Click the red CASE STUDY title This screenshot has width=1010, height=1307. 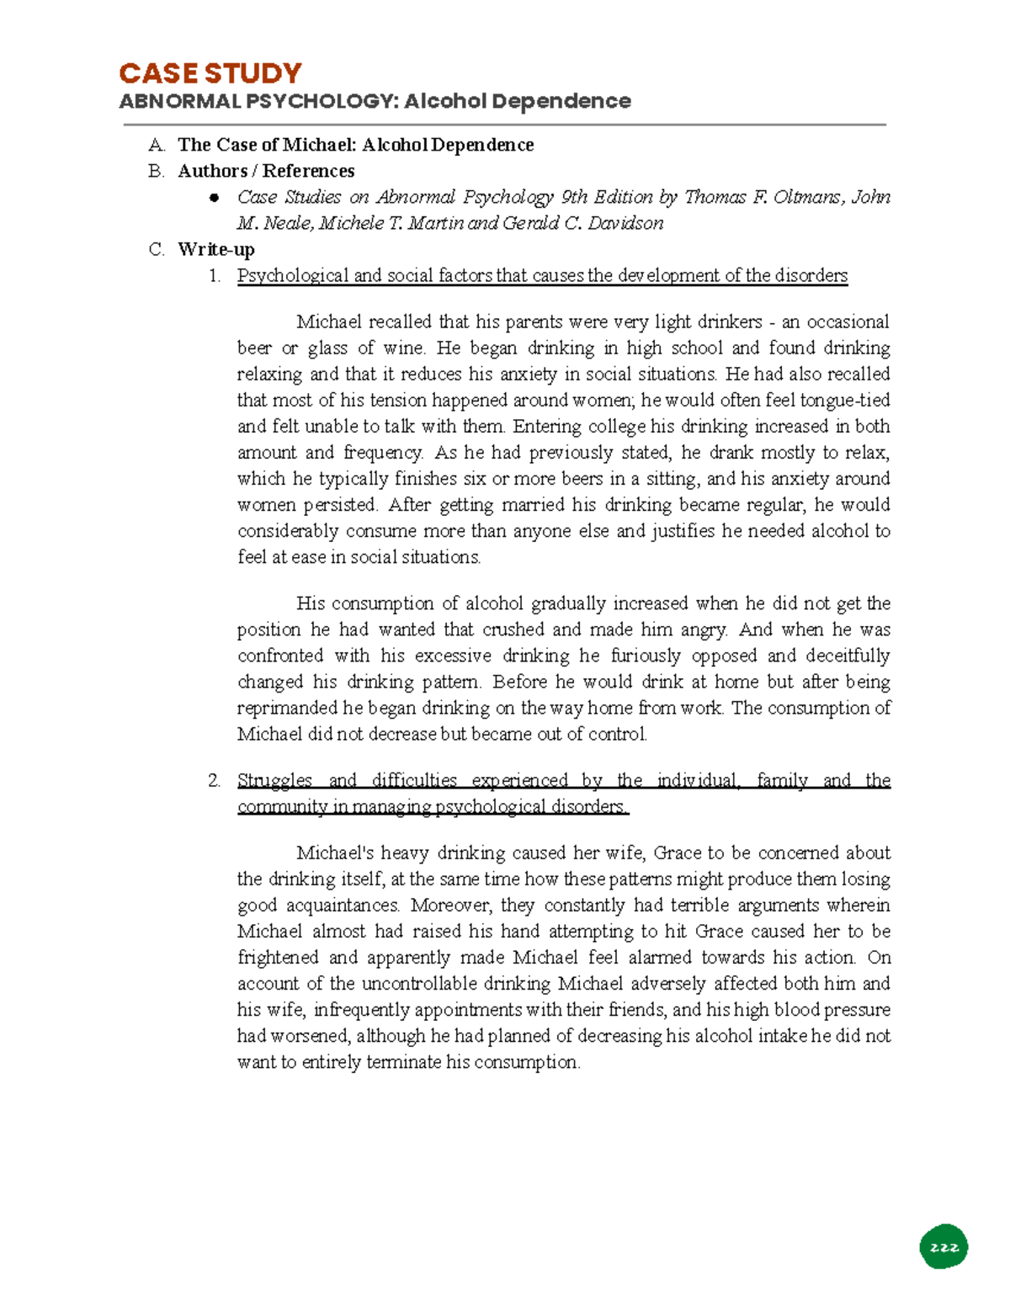[210, 73]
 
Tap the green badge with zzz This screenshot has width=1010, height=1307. [944, 1247]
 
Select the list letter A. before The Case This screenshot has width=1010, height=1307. [157, 145]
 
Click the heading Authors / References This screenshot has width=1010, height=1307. [266, 171]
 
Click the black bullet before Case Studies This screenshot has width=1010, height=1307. [215, 198]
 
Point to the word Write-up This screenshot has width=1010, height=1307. [216, 249]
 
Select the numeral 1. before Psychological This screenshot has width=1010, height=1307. [215, 275]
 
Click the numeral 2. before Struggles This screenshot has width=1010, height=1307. [215, 780]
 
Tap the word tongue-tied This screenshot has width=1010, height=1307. [844, 400]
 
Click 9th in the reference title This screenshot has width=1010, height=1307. [574, 197]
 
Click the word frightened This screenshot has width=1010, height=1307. [278, 957]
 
